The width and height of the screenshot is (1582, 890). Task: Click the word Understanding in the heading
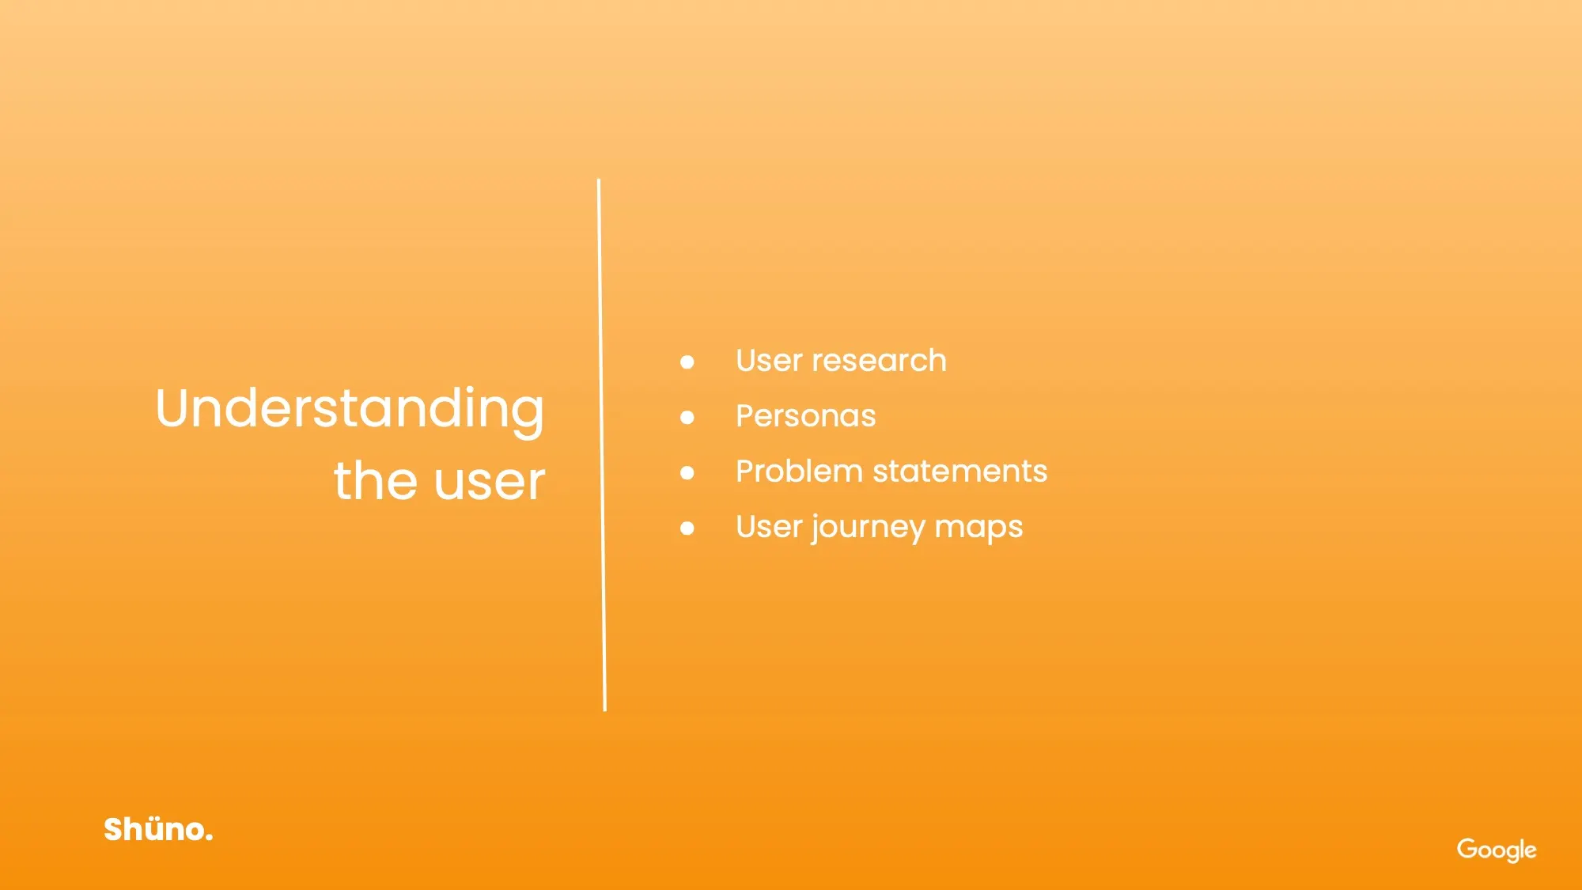pos(350,411)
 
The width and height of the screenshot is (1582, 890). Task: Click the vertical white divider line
pos(602,445)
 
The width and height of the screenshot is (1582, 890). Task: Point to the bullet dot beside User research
pos(687,362)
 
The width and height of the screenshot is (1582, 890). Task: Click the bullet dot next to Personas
pos(687,418)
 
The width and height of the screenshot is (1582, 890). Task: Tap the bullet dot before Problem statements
pos(687,473)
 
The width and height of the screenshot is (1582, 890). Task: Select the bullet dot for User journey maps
pos(687,528)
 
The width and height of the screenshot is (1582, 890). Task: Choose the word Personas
pos(806,416)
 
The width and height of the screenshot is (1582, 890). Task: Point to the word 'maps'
pos(979,529)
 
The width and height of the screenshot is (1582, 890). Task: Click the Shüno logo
pos(158,829)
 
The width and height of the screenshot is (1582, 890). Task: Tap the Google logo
pos(1497,850)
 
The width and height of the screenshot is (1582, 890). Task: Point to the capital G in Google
pos(1468,848)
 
